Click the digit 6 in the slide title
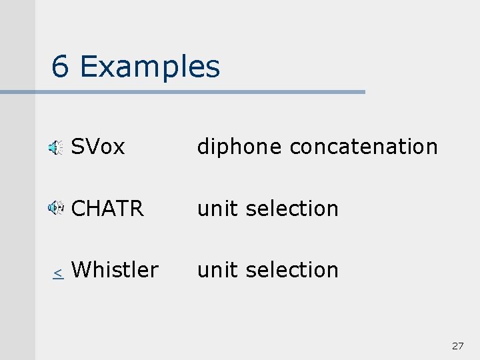[60, 67]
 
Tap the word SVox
[98, 147]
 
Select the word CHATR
[107, 209]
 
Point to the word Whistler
[115, 270]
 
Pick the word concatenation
[364, 147]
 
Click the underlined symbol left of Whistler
[58, 273]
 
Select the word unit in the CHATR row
[218, 209]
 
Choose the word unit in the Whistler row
[218, 270]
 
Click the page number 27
[457, 346]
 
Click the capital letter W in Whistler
[81, 270]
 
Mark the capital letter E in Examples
[87, 67]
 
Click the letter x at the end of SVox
[119, 147]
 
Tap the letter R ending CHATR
[137, 209]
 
